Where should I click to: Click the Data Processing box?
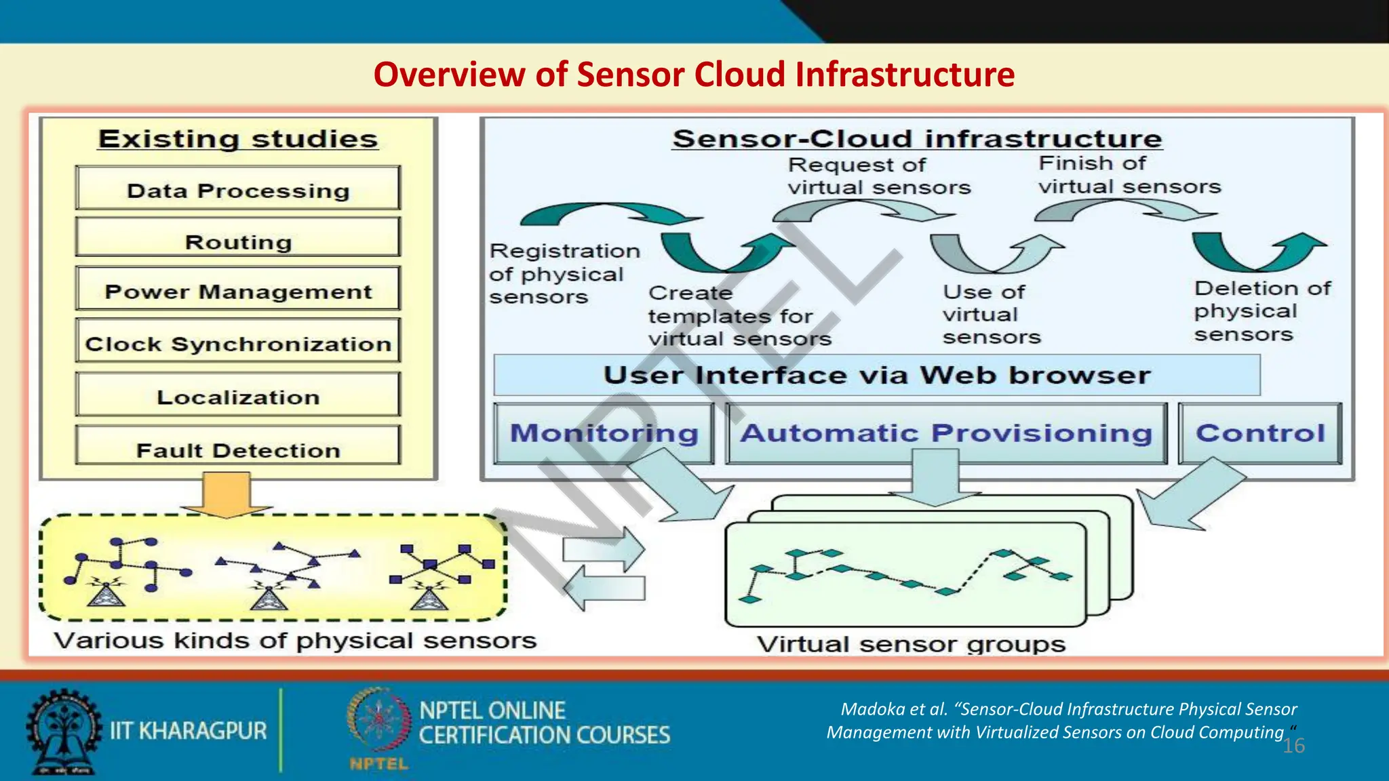(x=237, y=189)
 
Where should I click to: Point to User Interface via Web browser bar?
(x=876, y=375)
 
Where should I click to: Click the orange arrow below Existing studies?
(x=226, y=495)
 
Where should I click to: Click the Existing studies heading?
(x=237, y=140)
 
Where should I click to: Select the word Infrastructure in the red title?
(x=905, y=75)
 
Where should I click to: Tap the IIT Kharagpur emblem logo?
(x=63, y=732)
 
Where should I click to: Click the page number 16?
(x=1293, y=746)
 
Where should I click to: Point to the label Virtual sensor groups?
(x=911, y=644)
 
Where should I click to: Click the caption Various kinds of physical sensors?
(x=295, y=641)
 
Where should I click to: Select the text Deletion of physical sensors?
(x=1261, y=311)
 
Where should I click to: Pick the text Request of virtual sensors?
(x=878, y=176)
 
